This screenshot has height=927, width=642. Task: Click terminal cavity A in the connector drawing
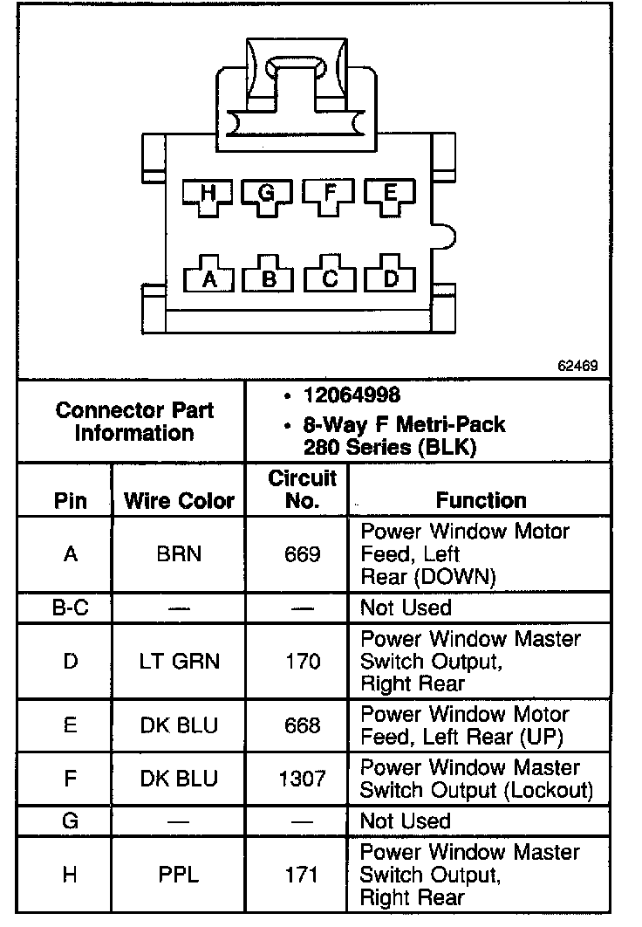(208, 278)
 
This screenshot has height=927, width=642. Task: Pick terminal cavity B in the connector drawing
(270, 278)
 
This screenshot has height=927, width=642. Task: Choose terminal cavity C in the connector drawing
(330, 278)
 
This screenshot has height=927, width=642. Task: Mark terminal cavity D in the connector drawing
(390, 278)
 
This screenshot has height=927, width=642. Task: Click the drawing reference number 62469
(577, 366)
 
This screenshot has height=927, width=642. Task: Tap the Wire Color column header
(180, 501)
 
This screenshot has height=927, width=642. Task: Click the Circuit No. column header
(302, 490)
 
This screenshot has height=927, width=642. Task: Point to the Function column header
(481, 500)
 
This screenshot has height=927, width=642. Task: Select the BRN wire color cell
(179, 554)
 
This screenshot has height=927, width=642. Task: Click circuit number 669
(302, 554)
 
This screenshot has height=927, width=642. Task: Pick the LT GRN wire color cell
(179, 662)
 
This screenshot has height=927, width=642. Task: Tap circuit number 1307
(302, 779)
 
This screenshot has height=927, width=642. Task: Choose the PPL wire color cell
(179, 875)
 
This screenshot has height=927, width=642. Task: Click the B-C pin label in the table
(70, 608)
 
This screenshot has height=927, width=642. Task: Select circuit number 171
(302, 875)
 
